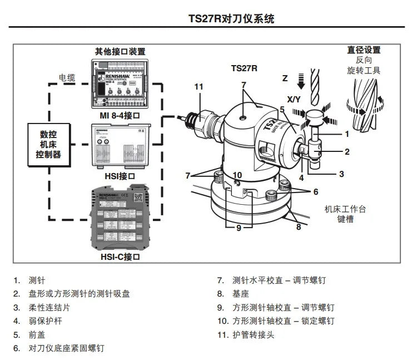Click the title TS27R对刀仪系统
tap(231, 19)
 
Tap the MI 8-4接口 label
tap(119, 116)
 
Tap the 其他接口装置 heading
tap(120, 51)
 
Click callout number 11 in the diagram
tap(199, 86)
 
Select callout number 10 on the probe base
tap(237, 175)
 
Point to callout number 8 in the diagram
tap(298, 226)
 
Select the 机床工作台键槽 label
tap(345, 214)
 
